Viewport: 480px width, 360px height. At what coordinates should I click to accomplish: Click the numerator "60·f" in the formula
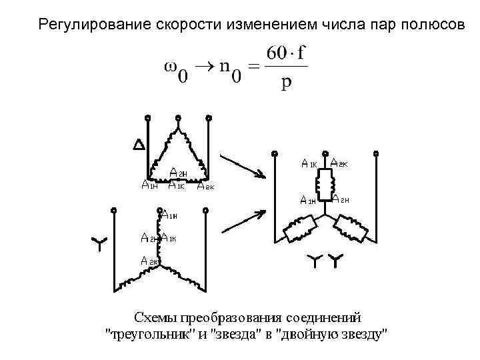pyautogui.click(x=286, y=53)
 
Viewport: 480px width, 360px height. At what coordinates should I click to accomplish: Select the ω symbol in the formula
pyautogui.click(x=171, y=67)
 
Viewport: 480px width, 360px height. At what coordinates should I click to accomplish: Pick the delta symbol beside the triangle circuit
pyautogui.click(x=139, y=145)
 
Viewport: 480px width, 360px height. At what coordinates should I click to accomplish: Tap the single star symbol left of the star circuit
pyautogui.click(x=97, y=244)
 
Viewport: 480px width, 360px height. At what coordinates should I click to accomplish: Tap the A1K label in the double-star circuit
pyautogui.click(x=309, y=163)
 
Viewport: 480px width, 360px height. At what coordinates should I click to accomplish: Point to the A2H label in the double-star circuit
pyautogui.click(x=341, y=199)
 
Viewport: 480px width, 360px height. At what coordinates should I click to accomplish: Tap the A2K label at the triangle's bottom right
pyautogui.click(x=205, y=186)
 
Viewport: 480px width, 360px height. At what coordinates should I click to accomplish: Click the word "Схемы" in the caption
pyautogui.click(x=155, y=316)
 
